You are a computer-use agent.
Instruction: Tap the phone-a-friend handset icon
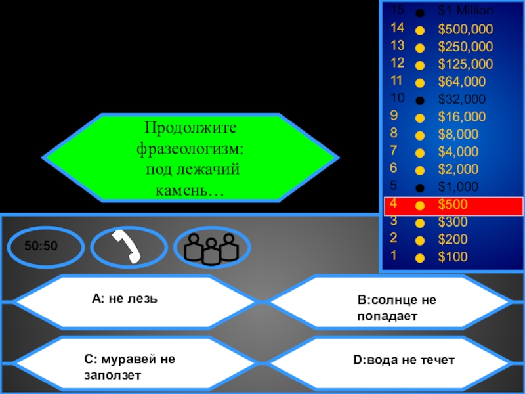point(125,247)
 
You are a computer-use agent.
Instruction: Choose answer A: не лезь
point(125,299)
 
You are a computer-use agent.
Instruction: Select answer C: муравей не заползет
point(130,366)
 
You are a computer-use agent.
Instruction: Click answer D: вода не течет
point(404,360)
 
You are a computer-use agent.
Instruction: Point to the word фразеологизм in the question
point(190,148)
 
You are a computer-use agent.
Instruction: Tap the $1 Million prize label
point(465,11)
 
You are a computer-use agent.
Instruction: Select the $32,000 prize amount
point(462,100)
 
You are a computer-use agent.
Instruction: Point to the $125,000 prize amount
point(465,64)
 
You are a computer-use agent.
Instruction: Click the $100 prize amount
point(453,257)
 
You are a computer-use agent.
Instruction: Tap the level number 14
point(397,28)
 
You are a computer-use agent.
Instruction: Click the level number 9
point(394,117)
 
